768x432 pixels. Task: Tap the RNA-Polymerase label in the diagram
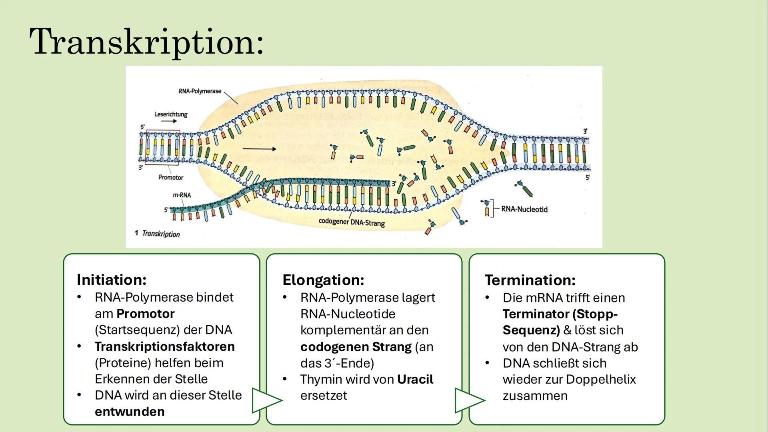click(x=200, y=91)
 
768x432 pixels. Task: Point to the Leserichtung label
click(x=171, y=114)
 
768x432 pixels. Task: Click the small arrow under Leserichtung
click(x=169, y=121)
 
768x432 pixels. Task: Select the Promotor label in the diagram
click(x=171, y=177)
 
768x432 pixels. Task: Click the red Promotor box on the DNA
click(x=163, y=147)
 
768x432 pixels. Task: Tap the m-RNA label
click(x=182, y=195)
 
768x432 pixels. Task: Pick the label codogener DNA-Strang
click(x=352, y=222)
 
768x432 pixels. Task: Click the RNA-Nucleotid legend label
click(x=524, y=209)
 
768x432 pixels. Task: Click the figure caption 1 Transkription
click(x=158, y=234)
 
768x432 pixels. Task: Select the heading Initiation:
click(x=112, y=280)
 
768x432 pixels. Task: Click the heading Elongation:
click(x=323, y=280)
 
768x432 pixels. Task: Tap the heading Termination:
click(x=530, y=280)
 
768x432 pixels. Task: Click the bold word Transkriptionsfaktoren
click(x=164, y=346)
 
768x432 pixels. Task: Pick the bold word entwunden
click(x=130, y=412)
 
